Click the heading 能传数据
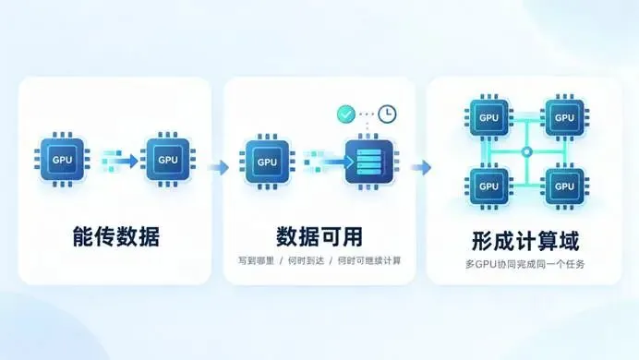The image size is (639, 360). tap(116, 236)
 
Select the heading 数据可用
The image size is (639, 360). tap(319, 236)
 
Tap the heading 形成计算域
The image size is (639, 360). tap(525, 241)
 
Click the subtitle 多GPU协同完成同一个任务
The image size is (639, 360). tap(524, 264)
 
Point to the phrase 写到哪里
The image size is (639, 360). tap(257, 260)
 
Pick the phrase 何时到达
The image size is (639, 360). tap(306, 260)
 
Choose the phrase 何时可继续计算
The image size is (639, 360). tap(369, 260)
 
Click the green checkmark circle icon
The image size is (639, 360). tap(346, 114)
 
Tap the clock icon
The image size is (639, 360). tap(387, 114)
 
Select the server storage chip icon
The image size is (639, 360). tap(369, 162)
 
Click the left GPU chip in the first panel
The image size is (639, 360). tap(62, 159)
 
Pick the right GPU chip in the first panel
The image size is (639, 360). tap(168, 159)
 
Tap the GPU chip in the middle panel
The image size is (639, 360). tap(267, 162)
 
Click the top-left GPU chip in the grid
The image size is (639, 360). tap(489, 117)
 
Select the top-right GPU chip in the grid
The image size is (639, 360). tap(564, 117)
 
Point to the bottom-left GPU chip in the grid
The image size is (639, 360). tap(489, 186)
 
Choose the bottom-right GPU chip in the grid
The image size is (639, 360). tap(564, 186)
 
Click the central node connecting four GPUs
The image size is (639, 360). tap(527, 152)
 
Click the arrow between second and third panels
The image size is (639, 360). tap(421, 167)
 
